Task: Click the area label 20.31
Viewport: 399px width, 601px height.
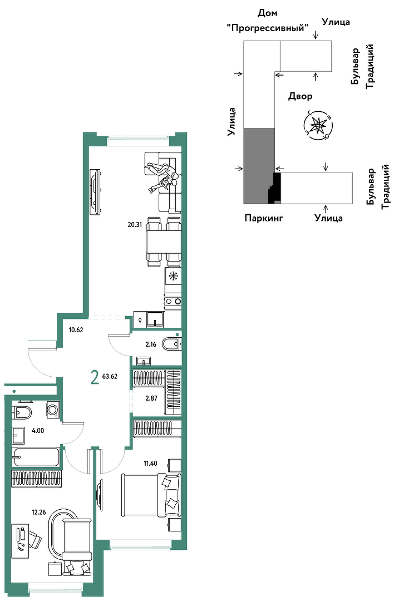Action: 135,225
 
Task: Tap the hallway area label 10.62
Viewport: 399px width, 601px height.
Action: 76,329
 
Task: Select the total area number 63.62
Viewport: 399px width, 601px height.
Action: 110,376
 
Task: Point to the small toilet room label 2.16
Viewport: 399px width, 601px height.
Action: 151,344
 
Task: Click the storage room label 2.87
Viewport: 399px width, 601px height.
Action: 151,398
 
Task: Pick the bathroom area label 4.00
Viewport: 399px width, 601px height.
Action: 38,430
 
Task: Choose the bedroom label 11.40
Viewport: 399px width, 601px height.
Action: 150,464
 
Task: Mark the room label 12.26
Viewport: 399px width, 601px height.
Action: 39,512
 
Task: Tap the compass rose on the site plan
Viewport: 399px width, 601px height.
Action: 318,125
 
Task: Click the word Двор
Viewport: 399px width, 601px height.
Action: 300,96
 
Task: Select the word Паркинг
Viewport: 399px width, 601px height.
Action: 264,218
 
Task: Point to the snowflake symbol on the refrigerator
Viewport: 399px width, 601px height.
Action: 174,275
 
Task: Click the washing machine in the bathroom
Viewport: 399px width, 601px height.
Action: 53,410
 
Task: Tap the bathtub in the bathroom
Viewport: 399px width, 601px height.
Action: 36,456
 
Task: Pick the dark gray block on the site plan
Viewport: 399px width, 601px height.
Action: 259,166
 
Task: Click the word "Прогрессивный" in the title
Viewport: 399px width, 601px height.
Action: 268,28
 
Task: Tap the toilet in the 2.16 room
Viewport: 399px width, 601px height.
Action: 171,344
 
